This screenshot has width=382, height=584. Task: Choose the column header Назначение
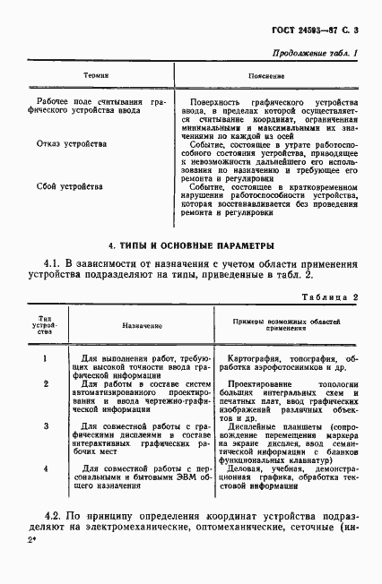click(135, 328)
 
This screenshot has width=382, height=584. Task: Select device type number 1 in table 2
click(45, 358)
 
